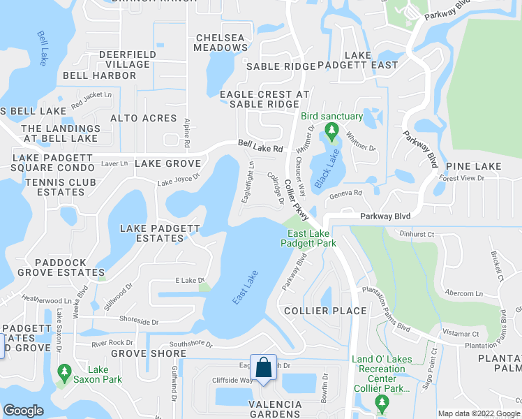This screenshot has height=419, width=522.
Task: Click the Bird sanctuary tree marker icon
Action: pyautogui.click(x=332, y=130)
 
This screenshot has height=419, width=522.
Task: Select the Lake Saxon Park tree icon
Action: pyautogui.click(x=65, y=370)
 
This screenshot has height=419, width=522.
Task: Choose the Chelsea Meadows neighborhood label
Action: pyautogui.click(x=222, y=43)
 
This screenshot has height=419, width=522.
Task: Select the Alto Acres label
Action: pyautogui.click(x=143, y=118)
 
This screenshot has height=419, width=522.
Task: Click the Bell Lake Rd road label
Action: pyautogui.click(x=260, y=148)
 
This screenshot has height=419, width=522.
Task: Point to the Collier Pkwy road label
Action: pyautogui.click(x=297, y=203)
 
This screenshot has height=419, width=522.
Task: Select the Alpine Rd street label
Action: pyautogui.click(x=187, y=133)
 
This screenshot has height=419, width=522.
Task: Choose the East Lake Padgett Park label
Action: pyautogui.click(x=308, y=239)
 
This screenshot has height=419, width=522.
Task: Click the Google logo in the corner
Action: pyautogui.click(x=23, y=411)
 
